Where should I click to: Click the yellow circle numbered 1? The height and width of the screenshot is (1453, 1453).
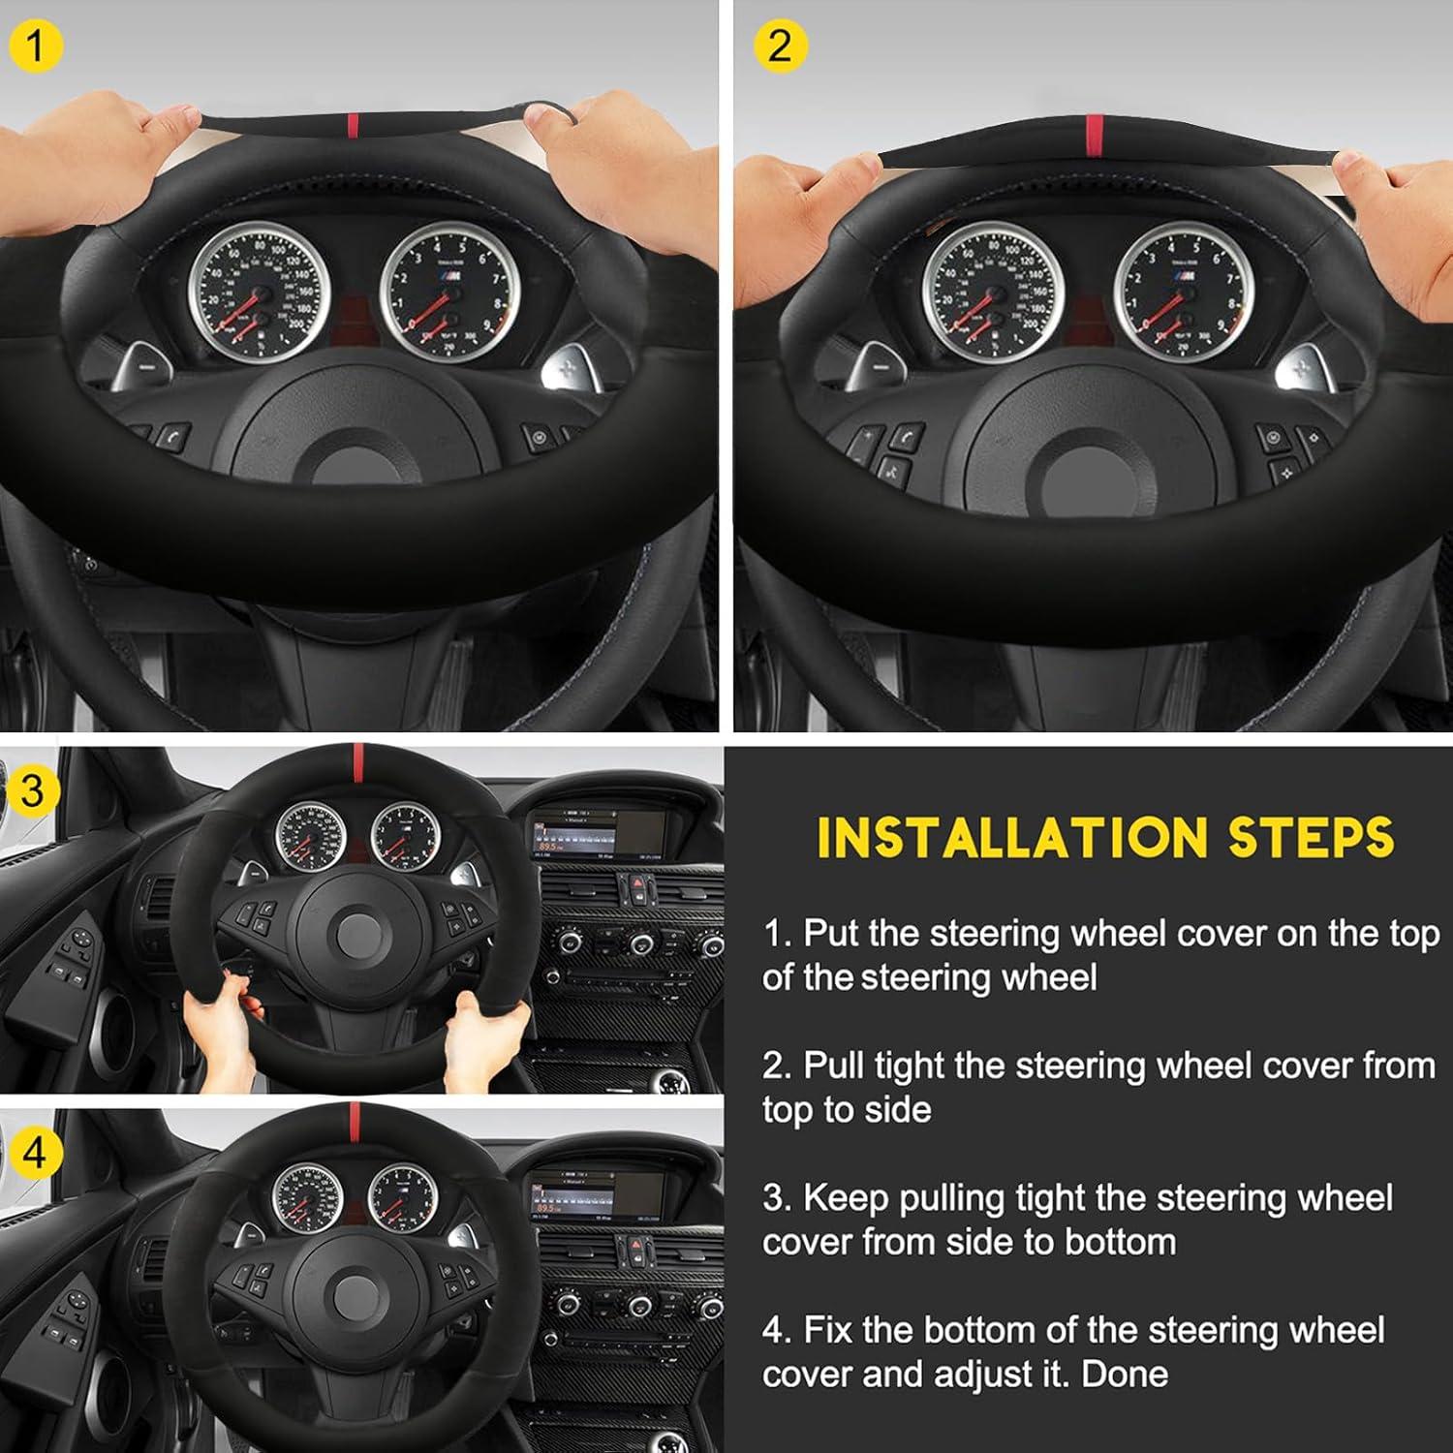36,46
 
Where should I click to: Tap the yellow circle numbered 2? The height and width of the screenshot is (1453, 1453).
779,46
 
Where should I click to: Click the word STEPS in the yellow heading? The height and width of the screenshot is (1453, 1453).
1312,839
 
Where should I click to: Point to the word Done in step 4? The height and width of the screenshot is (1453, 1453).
1125,1374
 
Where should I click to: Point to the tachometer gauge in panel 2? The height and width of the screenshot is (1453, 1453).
1184,292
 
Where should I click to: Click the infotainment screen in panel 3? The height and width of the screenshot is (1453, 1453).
598,833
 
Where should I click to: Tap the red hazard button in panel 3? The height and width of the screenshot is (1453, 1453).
636,884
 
